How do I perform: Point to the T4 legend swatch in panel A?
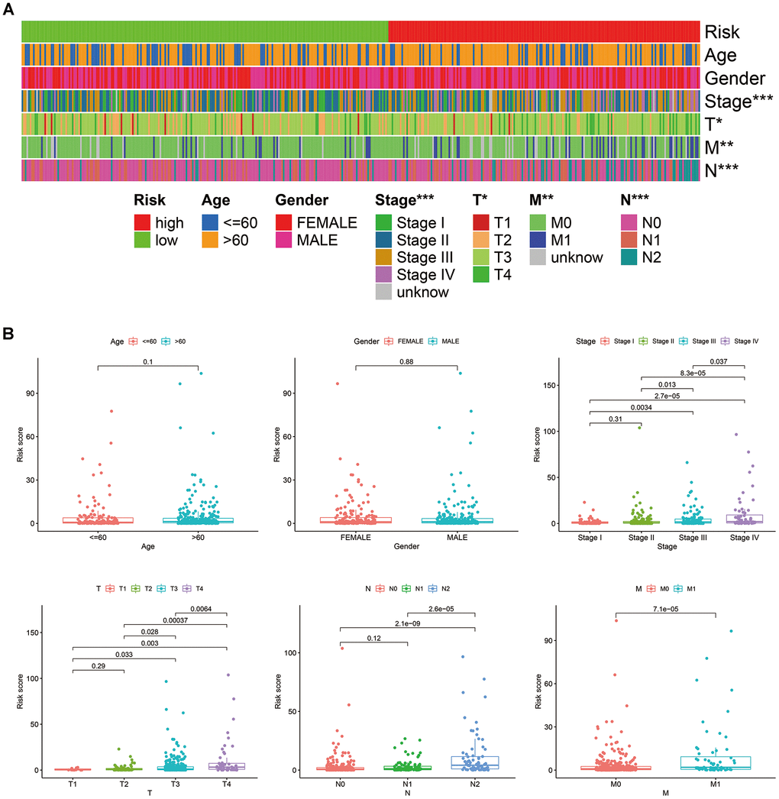pos(483,274)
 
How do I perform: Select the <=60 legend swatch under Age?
pos(211,223)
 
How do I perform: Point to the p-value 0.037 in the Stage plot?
pos(718,361)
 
